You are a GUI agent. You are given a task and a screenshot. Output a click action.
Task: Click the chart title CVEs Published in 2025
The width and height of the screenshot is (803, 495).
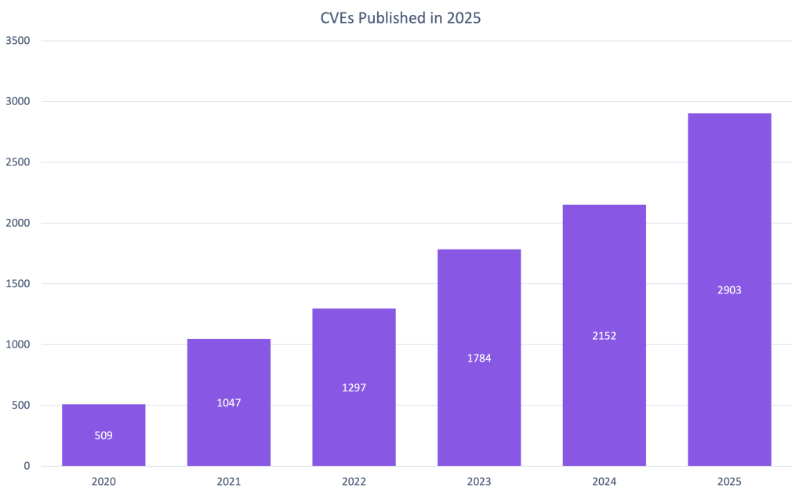click(x=401, y=18)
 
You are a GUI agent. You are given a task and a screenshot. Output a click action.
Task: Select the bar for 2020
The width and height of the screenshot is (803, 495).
click(x=104, y=451)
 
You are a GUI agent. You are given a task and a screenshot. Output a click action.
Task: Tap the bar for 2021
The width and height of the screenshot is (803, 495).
click(x=229, y=369)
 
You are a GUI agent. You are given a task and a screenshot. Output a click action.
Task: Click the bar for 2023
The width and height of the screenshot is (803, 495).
click(x=479, y=314)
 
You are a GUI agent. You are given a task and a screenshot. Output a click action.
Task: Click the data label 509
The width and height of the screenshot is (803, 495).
click(x=104, y=435)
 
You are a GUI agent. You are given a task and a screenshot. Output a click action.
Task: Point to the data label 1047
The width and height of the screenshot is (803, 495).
click(x=229, y=402)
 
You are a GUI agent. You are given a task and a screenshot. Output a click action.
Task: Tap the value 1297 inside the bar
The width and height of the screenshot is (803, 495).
click(x=354, y=388)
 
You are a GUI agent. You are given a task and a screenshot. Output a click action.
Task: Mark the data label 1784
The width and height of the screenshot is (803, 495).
click(x=479, y=358)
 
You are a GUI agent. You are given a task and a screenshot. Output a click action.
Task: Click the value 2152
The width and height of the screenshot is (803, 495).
click(x=604, y=336)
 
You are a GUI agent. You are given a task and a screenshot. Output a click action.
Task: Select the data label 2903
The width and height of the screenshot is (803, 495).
click(x=729, y=290)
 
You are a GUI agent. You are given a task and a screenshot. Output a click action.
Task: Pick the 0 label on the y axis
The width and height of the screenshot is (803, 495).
click(x=26, y=466)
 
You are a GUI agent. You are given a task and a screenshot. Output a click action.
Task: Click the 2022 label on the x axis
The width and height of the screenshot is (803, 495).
click(x=354, y=482)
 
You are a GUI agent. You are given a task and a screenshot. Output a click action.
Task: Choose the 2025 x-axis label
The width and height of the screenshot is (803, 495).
click(x=729, y=482)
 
